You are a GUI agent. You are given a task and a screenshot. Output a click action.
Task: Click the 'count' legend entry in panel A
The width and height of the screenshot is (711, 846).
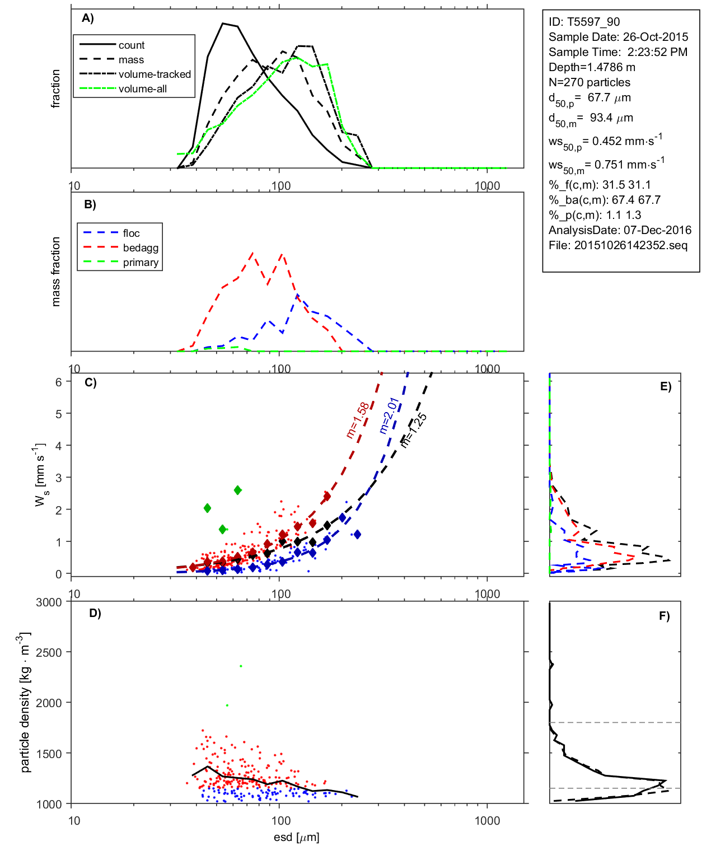tap(131, 45)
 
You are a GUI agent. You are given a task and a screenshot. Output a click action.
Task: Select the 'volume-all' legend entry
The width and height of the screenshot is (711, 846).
tap(142, 89)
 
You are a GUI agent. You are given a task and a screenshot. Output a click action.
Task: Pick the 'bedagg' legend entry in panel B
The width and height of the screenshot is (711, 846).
tap(141, 248)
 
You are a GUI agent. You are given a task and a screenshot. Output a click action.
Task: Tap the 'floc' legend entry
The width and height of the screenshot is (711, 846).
tap(131, 233)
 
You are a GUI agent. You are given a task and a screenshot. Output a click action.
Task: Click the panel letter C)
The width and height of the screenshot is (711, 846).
tap(90, 383)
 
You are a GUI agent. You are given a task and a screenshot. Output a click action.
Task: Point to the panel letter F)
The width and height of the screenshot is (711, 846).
tap(664, 616)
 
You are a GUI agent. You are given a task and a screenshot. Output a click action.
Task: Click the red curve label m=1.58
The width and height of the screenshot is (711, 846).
tap(358, 420)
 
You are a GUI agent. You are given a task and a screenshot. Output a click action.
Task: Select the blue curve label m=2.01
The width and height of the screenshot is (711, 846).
tap(389, 415)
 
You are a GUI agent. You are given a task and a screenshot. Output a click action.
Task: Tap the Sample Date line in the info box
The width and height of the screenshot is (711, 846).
tap(618, 37)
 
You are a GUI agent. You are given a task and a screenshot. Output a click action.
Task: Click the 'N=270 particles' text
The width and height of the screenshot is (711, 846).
tap(589, 82)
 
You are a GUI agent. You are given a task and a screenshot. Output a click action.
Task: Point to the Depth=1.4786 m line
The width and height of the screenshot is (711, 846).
tap(592, 67)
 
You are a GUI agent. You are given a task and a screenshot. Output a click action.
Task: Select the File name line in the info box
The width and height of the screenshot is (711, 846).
tap(618, 245)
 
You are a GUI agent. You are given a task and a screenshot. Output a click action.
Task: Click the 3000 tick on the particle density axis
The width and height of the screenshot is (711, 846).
tap(49, 602)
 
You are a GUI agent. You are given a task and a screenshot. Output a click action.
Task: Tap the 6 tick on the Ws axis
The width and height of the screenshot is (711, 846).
tap(58, 382)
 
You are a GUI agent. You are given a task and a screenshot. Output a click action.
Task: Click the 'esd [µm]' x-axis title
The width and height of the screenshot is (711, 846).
tap(296, 837)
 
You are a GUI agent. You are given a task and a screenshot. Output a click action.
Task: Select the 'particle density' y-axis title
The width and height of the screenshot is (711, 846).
tap(25, 703)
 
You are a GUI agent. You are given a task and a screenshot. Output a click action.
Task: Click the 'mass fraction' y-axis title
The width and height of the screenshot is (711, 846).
tap(55, 272)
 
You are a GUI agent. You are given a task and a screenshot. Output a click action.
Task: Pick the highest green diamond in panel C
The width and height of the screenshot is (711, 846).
tap(237, 490)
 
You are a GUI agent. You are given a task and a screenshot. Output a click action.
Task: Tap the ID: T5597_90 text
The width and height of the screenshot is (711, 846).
tap(584, 22)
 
